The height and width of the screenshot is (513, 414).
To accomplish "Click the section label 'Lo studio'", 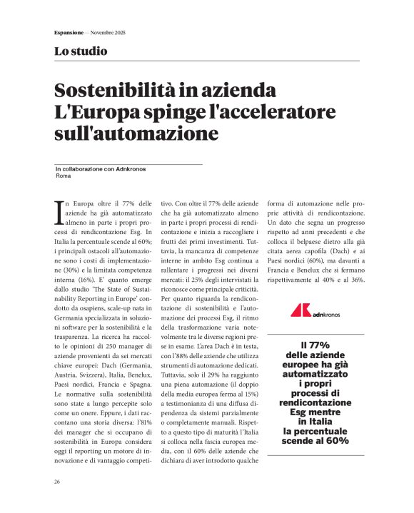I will point(81,51).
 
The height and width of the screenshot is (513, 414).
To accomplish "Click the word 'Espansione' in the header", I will point(69,34).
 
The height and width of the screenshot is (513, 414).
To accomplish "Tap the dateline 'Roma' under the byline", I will point(62,176).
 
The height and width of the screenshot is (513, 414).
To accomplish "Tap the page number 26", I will point(57,482).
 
